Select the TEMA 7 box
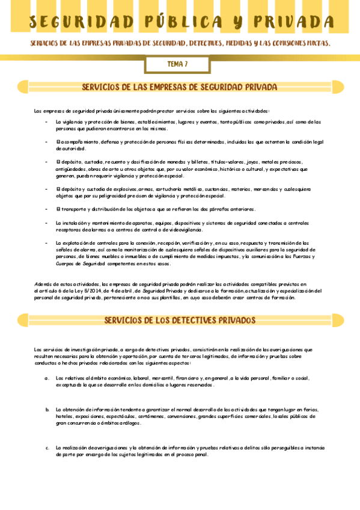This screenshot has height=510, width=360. point(177,64)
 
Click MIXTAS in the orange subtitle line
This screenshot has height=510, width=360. point(317,44)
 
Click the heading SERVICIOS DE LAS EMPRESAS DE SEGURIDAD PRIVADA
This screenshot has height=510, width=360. point(179,87)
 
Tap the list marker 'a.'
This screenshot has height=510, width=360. point(47,378)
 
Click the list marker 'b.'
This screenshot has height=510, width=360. point(47,409)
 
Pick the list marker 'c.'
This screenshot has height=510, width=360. point(47,447)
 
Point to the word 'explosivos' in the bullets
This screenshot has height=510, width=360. point(107,189)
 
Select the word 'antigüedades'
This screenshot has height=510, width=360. point(70,169)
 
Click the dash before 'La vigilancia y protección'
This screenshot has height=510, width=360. point(47,121)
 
